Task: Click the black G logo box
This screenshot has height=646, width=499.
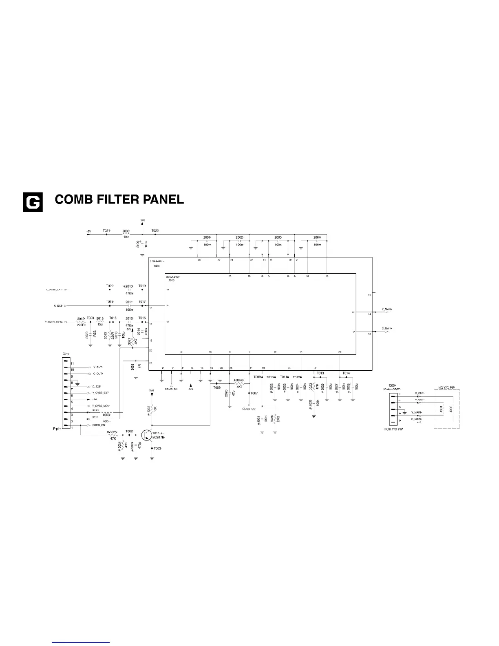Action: coord(33,202)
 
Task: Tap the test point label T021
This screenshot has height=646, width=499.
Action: coord(106,231)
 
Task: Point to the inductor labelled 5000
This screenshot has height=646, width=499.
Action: coord(126,235)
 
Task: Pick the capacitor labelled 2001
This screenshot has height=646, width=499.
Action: coord(207,241)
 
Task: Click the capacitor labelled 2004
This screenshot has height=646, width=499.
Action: coord(317,241)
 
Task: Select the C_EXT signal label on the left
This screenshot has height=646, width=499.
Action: coord(58,305)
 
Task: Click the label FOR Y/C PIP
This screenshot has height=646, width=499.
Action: coord(394,429)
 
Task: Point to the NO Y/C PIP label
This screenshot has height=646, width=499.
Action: coord(446,387)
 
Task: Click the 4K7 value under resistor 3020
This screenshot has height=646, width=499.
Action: coord(240,387)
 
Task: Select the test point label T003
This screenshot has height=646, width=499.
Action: coord(157,448)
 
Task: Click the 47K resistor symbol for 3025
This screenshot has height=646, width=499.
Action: coord(113,435)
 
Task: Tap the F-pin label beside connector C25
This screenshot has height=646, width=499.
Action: coord(57,429)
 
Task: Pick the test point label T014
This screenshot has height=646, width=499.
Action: coord(346,373)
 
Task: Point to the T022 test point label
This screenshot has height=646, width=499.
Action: coord(155,231)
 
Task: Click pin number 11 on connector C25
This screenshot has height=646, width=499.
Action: coord(72,363)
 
